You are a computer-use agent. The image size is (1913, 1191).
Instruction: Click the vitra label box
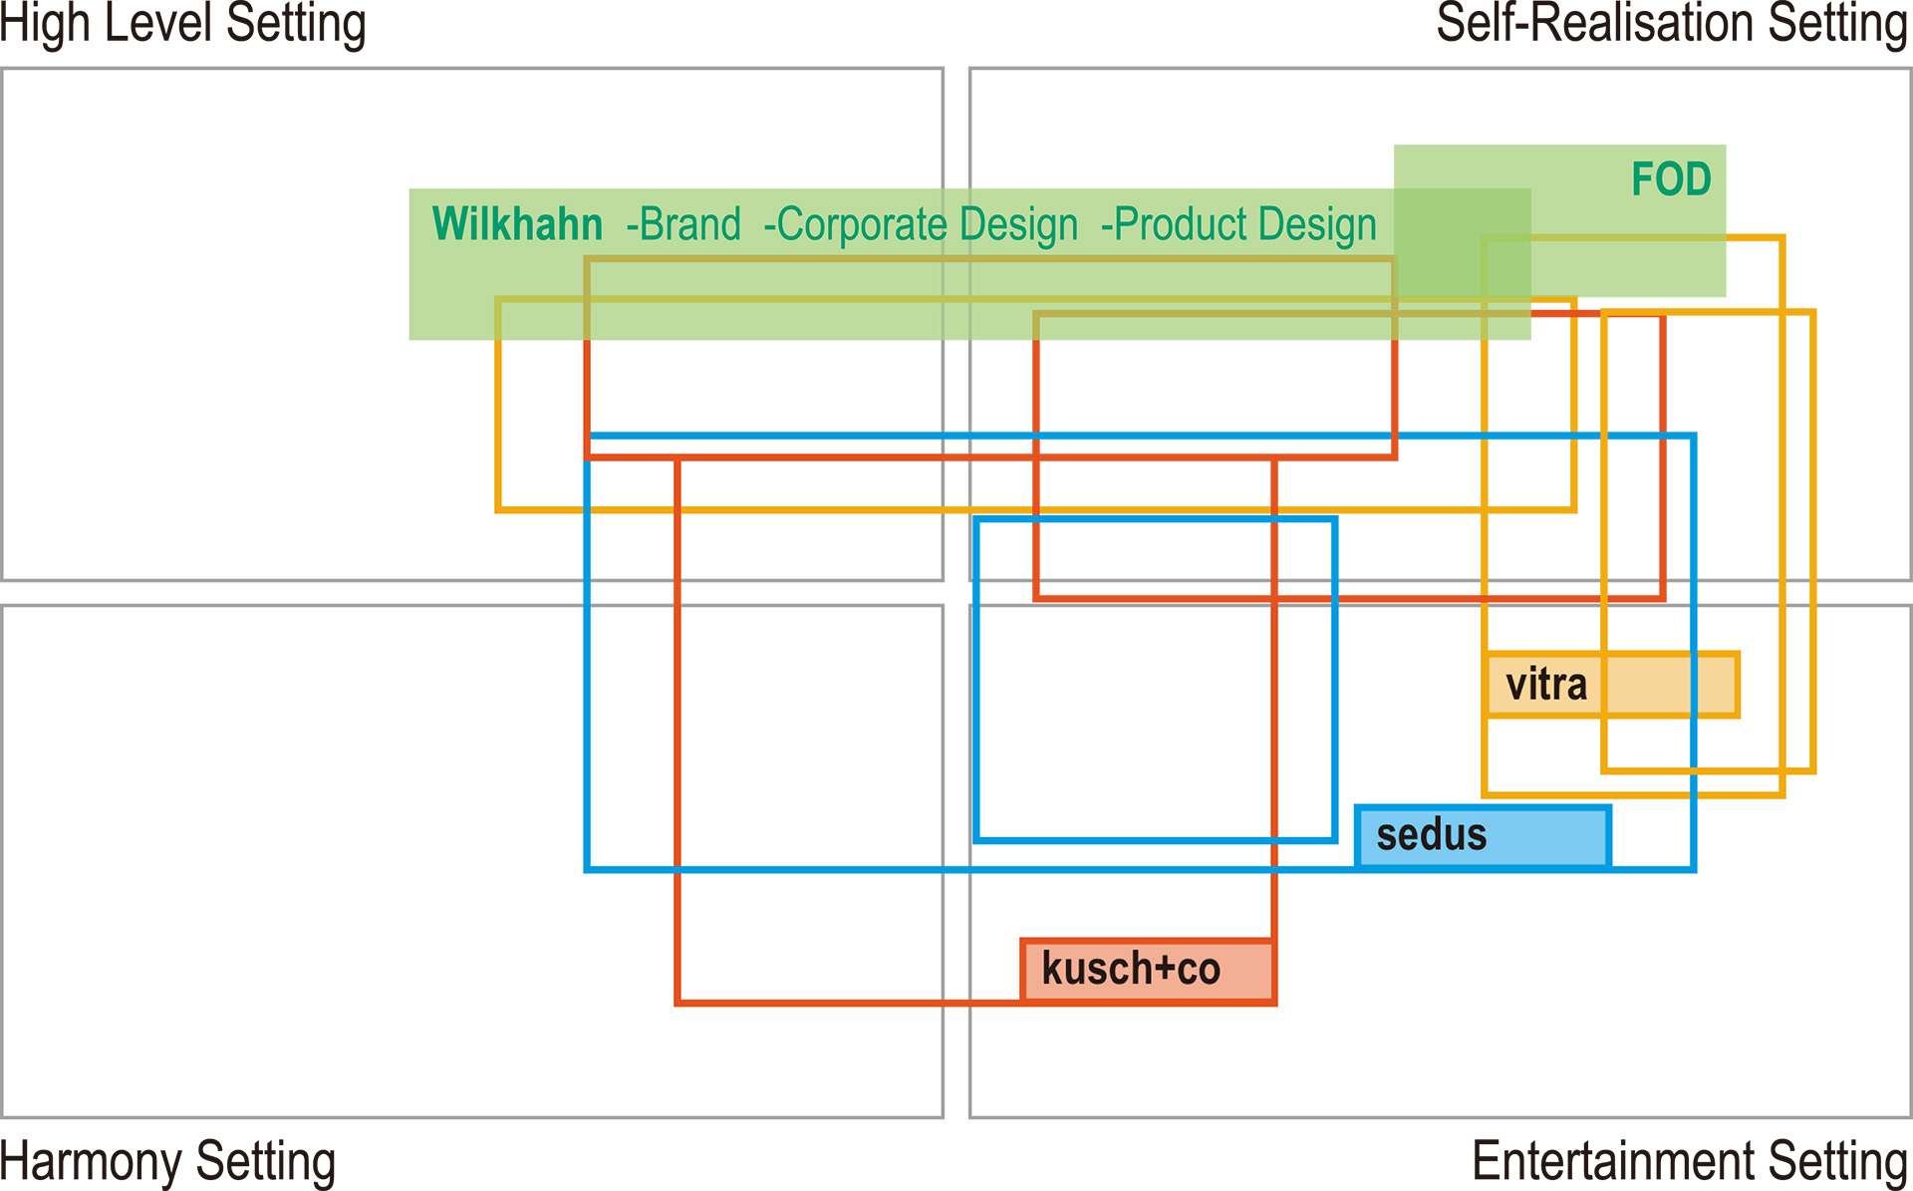point(1611,685)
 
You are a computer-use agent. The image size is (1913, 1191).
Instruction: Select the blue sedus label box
point(1483,836)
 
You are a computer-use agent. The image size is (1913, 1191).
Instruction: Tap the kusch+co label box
point(1148,970)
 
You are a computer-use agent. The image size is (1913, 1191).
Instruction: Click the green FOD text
point(1671,180)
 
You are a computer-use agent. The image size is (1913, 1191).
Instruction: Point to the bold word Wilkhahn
point(517,224)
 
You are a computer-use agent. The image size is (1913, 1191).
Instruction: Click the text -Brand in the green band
point(683,224)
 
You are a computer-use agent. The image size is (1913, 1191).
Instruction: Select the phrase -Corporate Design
point(921,225)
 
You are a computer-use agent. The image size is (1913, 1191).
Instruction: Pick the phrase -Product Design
point(1238,225)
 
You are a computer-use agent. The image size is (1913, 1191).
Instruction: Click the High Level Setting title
point(183,24)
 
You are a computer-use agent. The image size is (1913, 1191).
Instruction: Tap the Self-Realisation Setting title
point(1671,24)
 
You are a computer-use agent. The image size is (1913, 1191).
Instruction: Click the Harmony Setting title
point(167,1162)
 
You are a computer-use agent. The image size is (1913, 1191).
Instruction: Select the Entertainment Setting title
point(1690,1162)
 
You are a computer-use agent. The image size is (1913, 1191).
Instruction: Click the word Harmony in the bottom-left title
point(90,1162)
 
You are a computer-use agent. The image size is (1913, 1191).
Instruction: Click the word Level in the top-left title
point(158,24)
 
